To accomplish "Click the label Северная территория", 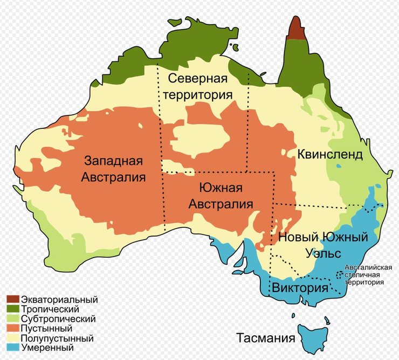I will point(200,86).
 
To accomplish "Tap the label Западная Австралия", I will point(113,169).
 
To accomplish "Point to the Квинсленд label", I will point(329,155).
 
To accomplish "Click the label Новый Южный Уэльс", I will point(322,244).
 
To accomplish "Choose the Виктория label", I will point(300,287).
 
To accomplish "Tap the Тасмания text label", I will point(266,338).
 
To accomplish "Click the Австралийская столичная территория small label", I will point(364,274).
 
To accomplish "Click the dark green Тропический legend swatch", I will point(13,309).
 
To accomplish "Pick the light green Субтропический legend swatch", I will point(13,319).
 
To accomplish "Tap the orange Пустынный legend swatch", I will point(13,328).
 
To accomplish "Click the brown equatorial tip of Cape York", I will point(295,30).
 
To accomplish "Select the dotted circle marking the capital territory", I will point(340,274).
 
